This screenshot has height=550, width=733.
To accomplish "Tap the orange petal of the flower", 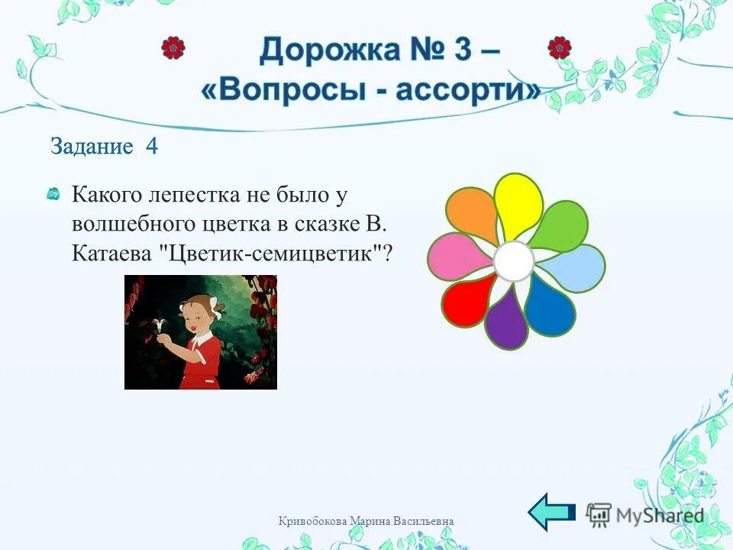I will pyautogui.click(x=473, y=215).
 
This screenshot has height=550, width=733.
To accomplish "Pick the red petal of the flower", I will pyautogui.click(x=468, y=301).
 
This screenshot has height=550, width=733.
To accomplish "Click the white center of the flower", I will pyautogui.click(x=514, y=262).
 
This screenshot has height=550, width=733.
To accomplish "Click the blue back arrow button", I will pyautogui.click(x=552, y=512).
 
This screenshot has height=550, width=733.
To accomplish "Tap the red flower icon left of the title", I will pyautogui.click(x=173, y=48).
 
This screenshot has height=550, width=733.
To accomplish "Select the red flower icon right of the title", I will pyautogui.click(x=560, y=48).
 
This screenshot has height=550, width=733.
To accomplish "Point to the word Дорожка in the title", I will pyautogui.click(x=325, y=51).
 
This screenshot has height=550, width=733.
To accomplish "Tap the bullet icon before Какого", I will pyautogui.click(x=53, y=196).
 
